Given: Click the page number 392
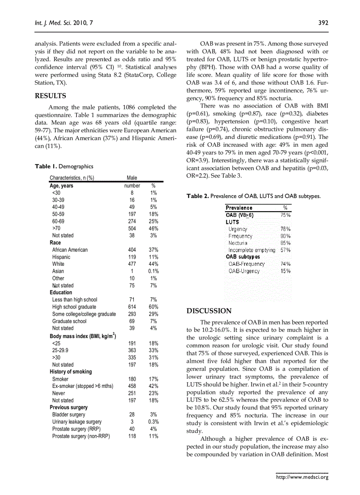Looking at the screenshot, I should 323,23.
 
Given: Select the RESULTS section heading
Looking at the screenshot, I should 50,96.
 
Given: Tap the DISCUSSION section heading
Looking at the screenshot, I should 209,311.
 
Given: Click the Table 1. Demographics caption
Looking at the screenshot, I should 64,167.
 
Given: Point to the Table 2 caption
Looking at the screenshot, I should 254,196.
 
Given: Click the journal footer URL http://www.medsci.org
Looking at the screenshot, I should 302,476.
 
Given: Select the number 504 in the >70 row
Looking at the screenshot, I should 132,228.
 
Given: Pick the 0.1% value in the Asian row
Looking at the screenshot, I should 153,271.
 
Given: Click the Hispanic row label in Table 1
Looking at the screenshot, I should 61,257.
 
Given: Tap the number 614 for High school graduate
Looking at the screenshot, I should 132,307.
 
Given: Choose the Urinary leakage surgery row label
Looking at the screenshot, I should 77,422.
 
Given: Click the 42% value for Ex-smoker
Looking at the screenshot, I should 153,386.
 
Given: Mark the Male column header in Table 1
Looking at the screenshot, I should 132,178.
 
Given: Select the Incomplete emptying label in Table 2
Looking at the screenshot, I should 252,250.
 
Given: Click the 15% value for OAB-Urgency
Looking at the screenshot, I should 285,271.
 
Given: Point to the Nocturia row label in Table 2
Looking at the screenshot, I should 238,243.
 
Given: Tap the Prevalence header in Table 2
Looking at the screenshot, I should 239,208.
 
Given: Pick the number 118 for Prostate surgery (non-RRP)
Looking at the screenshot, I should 132,436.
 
